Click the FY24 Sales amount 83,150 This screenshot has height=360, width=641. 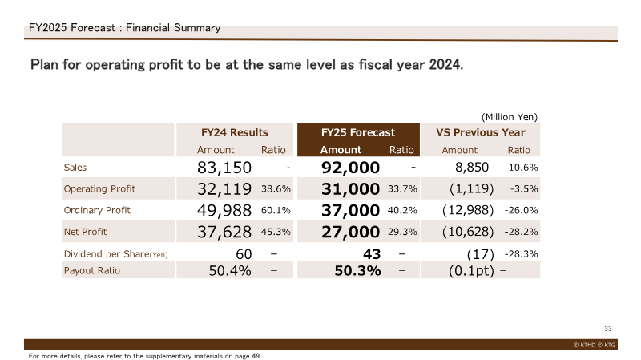tap(224, 168)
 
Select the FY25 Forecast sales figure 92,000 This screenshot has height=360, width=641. tap(350, 168)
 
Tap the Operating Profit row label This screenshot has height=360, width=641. tap(99, 189)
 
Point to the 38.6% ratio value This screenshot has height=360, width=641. tap(276, 189)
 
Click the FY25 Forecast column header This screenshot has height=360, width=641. tap(358, 132)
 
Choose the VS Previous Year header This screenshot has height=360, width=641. tap(480, 132)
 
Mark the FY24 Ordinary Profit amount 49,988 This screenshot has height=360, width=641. tap(224, 211)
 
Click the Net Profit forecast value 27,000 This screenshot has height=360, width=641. tap(350, 232)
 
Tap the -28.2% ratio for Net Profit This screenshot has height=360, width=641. tap(522, 232)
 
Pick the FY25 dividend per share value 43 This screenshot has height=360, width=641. tap(372, 254)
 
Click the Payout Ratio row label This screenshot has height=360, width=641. tap(92, 271)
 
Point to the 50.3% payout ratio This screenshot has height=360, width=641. tap(357, 271)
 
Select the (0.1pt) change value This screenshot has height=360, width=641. tap(471, 271)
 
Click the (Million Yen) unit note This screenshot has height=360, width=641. tap(510, 117)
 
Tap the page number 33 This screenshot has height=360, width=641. tap(608, 329)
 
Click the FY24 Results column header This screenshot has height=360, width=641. tap(234, 132)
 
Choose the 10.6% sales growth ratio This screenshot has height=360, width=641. tap(523, 168)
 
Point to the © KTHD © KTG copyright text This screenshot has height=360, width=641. tap(595, 345)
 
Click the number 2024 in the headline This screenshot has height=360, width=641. tap(446, 65)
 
